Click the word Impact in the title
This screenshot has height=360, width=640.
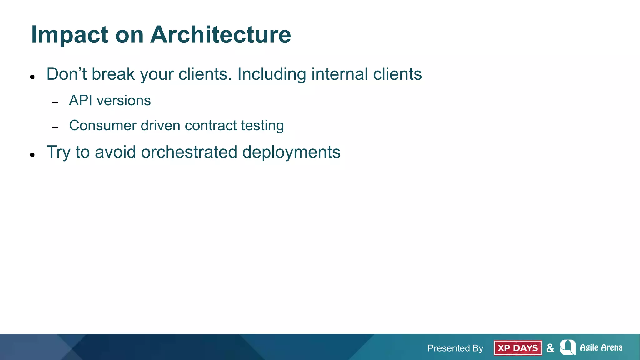click(70, 35)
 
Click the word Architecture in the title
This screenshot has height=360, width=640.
click(221, 34)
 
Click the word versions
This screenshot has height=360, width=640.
click(124, 101)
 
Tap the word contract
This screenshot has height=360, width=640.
click(211, 126)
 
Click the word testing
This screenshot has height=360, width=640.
click(262, 126)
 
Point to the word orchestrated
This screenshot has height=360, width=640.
click(189, 152)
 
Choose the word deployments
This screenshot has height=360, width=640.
click(291, 153)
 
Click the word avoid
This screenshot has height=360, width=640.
click(115, 152)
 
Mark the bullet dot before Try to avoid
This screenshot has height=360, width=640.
click(32, 155)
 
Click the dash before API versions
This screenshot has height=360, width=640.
click(55, 102)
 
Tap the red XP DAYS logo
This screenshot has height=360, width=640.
click(517, 348)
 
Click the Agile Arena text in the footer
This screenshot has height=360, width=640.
click(601, 347)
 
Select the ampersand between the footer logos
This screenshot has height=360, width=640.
click(550, 348)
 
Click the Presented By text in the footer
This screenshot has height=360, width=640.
click(455, 348)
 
